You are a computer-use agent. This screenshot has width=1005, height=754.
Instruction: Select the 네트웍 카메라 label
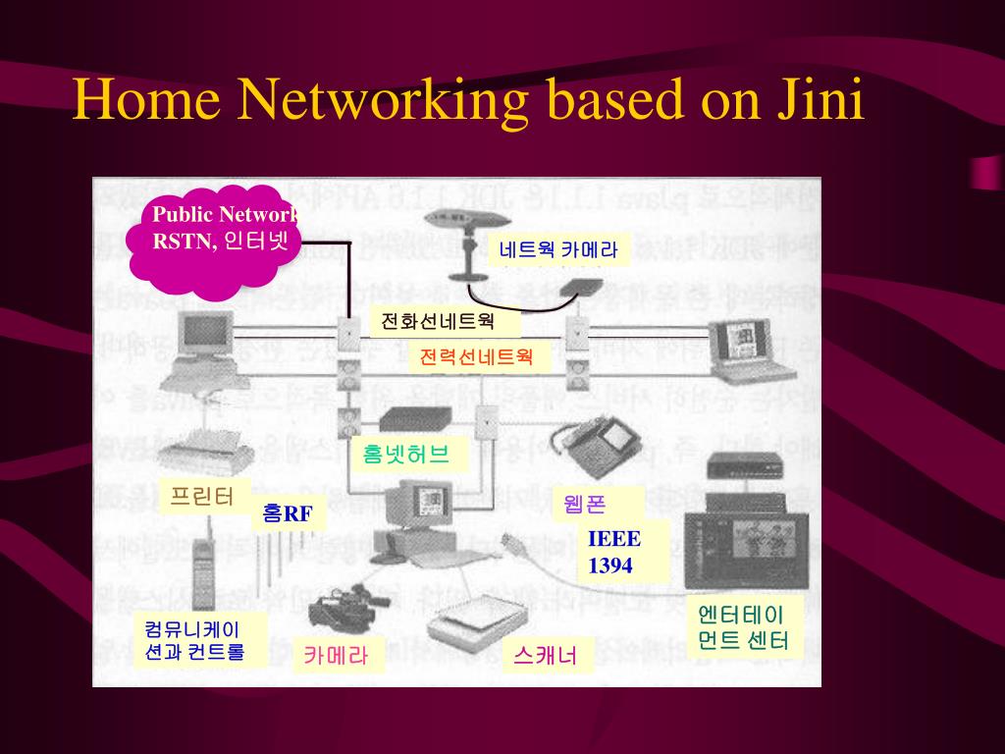point(558,249)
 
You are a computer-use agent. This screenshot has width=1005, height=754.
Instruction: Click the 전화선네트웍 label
point(438,321)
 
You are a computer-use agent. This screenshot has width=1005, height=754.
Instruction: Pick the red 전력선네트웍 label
point(476,355)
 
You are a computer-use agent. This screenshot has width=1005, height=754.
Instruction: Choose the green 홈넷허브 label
point(406,454)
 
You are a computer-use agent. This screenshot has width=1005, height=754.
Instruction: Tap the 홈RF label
point(288,513)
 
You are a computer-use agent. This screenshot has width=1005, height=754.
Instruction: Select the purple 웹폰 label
point(586,505)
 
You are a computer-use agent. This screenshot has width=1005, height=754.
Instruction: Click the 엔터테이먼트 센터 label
point(741,628)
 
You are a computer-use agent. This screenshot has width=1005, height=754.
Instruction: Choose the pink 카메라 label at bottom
point(336,656)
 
